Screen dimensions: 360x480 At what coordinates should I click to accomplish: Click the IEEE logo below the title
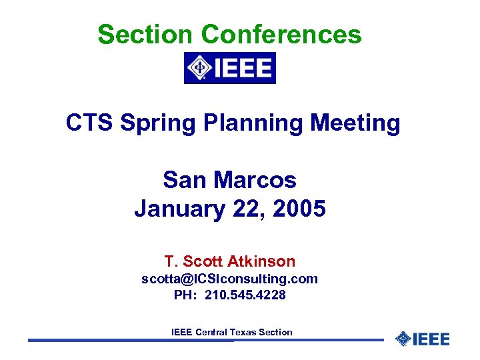(229, 68)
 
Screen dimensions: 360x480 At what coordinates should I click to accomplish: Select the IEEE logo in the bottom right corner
(422, 339)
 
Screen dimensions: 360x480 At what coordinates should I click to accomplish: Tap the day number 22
(247, 209)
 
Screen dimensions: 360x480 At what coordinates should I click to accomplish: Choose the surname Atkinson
(261, 261)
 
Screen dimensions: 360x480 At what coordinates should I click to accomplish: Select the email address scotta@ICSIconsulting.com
(229, 279)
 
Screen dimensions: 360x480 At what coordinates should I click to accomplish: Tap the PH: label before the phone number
(185, 295)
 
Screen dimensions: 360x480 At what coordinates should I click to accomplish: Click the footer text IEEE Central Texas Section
(231, 332)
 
